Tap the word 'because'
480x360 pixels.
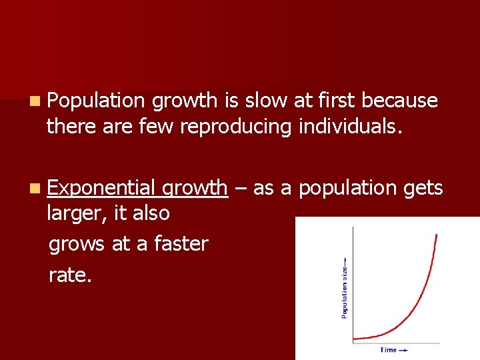[400, 101]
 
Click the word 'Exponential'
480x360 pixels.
[101, 189]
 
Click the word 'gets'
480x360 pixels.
[423, 189]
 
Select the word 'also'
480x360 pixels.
[151, 214]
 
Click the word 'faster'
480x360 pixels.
[181, 244]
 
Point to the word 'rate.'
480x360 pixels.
[69, 275]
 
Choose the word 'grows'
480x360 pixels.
[77, 244]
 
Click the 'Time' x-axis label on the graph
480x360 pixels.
[388, 350]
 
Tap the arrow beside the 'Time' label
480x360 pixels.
[403, 350]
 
